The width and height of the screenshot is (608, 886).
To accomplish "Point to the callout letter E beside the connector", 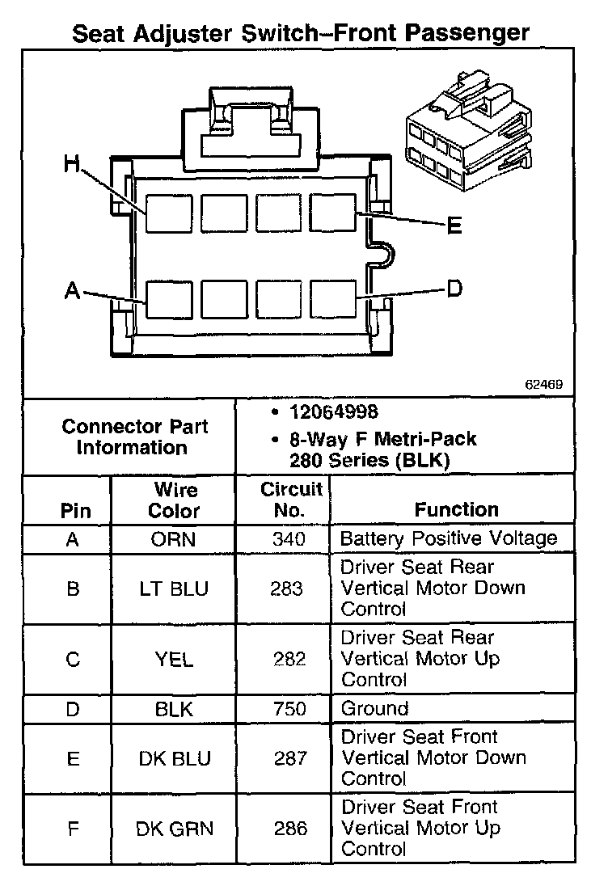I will click(x=454, y=226).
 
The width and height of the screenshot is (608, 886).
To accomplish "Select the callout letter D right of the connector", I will click(x=454, y=288).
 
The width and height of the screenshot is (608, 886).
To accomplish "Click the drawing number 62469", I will click(x=543, y=385).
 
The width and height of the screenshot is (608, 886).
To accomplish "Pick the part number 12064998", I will click(x=333, y=412).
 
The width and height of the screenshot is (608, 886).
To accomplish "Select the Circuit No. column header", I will click(x=291, y=500).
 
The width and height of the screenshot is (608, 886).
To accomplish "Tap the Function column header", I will click(x=457, y=509).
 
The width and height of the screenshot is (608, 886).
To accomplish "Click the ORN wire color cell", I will click(x=174, y=539).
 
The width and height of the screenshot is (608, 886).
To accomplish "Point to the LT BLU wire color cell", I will click(x=174, y=589).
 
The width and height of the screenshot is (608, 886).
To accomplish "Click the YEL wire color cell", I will click(x=174, y=659).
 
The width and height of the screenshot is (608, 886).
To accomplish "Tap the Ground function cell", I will click(x=374, y=709).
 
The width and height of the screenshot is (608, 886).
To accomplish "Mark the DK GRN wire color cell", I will click(x=174, y=828).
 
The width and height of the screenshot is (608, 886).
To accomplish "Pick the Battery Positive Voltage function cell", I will click(x=449, y=539).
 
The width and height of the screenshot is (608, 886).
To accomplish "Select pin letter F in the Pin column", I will click(x=73, y=828).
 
